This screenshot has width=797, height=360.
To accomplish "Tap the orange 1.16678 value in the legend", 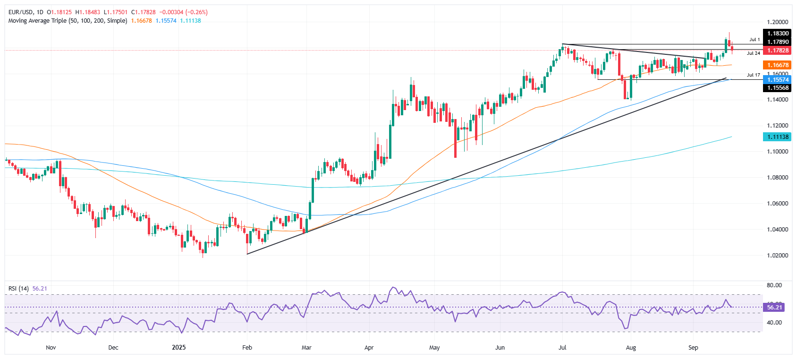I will point(142,21).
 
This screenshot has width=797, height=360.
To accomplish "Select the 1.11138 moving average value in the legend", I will point(190,21).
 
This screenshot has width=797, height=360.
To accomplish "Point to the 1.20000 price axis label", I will point(777,22).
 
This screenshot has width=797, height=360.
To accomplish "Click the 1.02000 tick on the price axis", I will point(777,256).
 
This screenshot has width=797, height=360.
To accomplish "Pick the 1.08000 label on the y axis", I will point(777,178).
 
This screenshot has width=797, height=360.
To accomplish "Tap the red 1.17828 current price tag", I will point(777,51).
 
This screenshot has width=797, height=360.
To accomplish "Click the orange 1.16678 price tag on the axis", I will point(777,65).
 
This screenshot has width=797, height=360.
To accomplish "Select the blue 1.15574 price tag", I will point(777,80).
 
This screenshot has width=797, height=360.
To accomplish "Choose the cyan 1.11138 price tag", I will point(777,137).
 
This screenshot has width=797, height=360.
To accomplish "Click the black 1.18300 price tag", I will point(777,34).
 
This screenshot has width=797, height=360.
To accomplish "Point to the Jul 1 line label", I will point(755,40).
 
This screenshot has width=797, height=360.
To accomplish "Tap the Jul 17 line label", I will point(754,75).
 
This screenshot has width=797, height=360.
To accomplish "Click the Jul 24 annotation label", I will point(754,53).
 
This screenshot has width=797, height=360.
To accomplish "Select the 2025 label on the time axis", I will point(179,348).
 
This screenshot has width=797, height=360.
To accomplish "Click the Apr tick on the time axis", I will point(369,348).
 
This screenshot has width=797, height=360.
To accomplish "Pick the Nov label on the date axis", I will point(51,348).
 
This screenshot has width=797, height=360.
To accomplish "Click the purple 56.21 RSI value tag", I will point(774,308).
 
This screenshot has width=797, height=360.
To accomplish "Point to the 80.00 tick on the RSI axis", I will point(774,285).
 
